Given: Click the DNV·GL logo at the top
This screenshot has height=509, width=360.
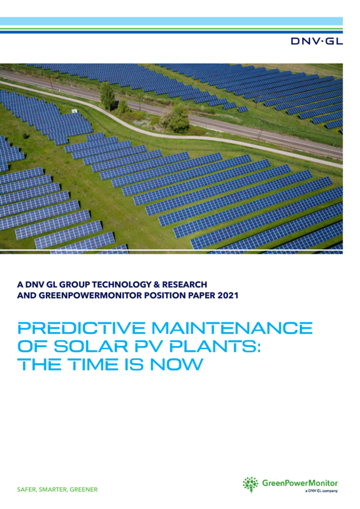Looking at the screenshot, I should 316,41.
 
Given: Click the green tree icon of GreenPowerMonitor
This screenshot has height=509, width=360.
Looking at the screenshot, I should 251,485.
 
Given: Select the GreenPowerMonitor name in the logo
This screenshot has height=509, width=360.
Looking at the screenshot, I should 300,483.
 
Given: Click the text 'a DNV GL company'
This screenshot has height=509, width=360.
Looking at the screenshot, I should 320,491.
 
